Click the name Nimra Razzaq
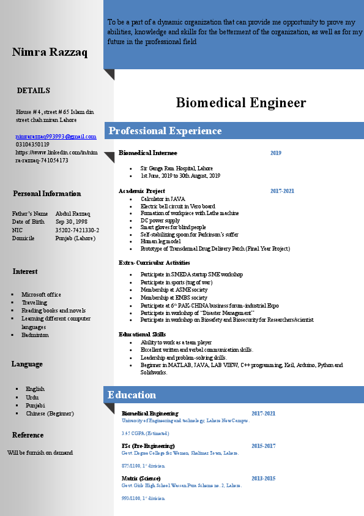pos(50,52)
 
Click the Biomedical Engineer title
pos(240,102)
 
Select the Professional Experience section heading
pos(165,131)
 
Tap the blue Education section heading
pos(132,395)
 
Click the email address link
pos(56,136)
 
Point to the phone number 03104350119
pos(32,144)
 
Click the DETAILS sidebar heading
pos(34,91)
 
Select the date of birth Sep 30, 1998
pos(72,222)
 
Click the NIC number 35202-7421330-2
pos(77,230)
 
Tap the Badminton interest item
pos(35,335)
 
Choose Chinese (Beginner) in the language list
pos(50,414)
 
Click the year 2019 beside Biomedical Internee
pos(276,153)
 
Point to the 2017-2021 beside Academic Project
pos(282,191)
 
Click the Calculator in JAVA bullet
pos(163,199)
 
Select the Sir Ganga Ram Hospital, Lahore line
pos(177,168)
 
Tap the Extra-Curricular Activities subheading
pos(154,263)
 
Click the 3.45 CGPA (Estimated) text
pos(141,433)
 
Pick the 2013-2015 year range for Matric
pos(263,478)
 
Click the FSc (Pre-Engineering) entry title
pos(148,446)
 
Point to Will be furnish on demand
pos(40,453)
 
